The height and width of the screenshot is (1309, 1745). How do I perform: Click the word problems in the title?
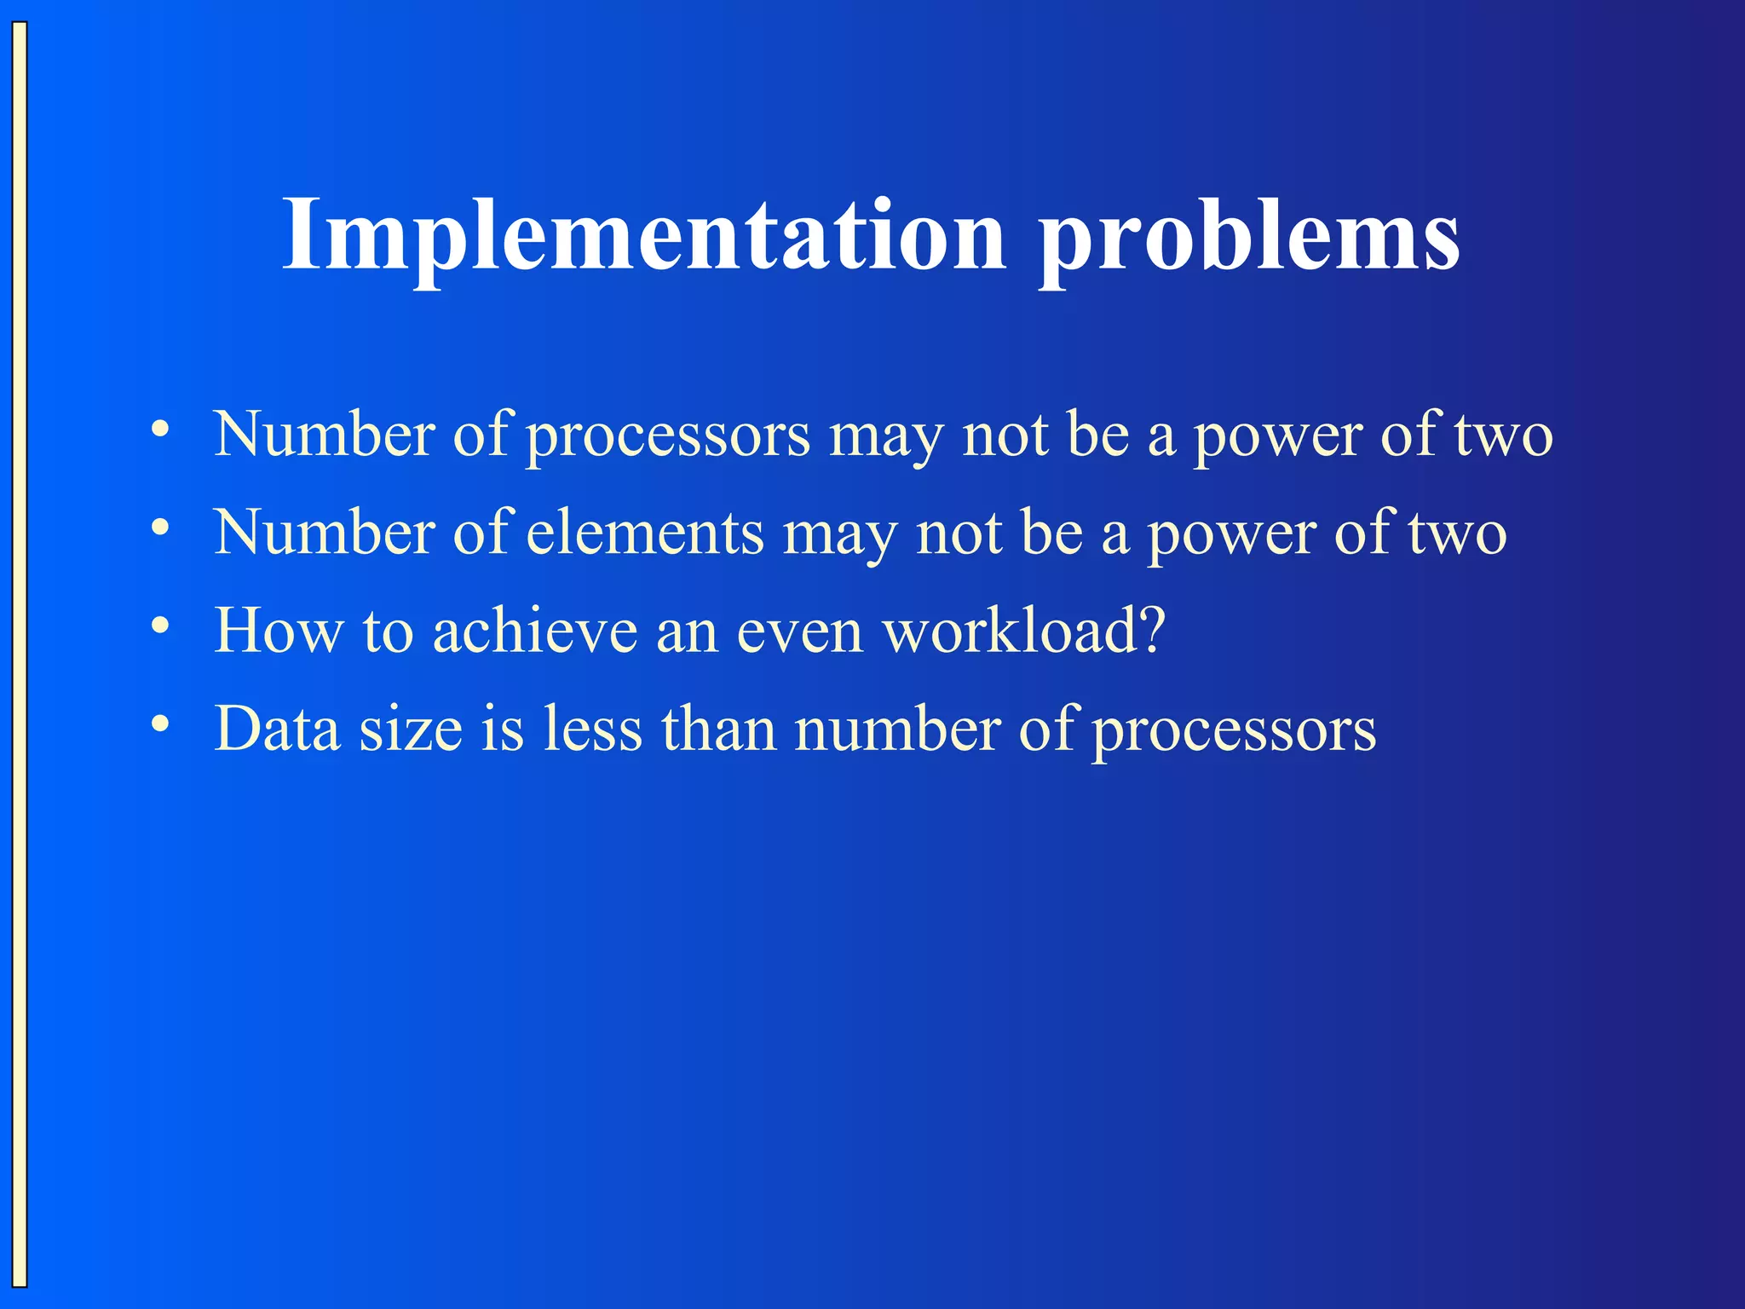point(1249,239)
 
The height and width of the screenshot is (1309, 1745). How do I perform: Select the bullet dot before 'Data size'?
point(160,724)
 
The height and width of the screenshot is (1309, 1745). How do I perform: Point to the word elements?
point(645,533)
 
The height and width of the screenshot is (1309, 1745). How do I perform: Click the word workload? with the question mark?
point(1023,631)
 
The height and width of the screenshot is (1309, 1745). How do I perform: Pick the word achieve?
point(535,631)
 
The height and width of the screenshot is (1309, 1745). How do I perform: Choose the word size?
point(411,730)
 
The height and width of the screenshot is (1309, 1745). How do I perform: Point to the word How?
point(279,631)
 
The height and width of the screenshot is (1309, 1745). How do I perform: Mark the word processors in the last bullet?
point(1234,733)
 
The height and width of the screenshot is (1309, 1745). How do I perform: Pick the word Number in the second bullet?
point(325,533)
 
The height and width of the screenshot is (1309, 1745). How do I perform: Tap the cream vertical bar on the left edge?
point(19,654)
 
